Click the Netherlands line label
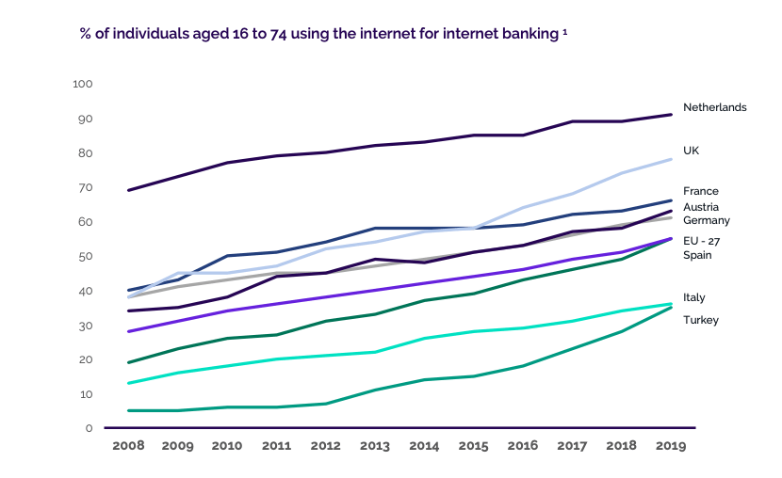(714, 107)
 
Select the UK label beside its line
(691, 151)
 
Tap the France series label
(700, 191)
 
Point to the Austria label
(701, 206)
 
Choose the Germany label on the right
(707, 220)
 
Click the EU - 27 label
(702, 241)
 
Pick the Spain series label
(697, 255)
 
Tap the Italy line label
(693, 297)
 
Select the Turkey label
(701, 320)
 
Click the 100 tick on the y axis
(83, 84)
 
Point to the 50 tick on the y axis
(86, 256)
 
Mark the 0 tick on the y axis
(89, 428)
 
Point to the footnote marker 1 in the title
(562, 31)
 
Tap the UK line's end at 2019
(670, 159)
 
